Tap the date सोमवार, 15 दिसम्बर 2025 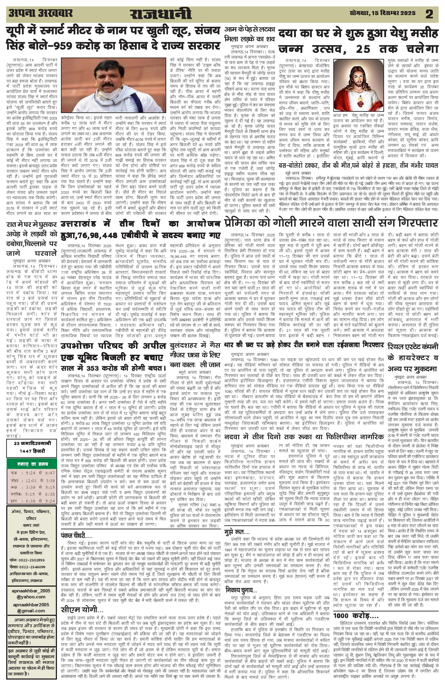click(382, 13)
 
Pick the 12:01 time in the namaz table click(31, 481)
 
